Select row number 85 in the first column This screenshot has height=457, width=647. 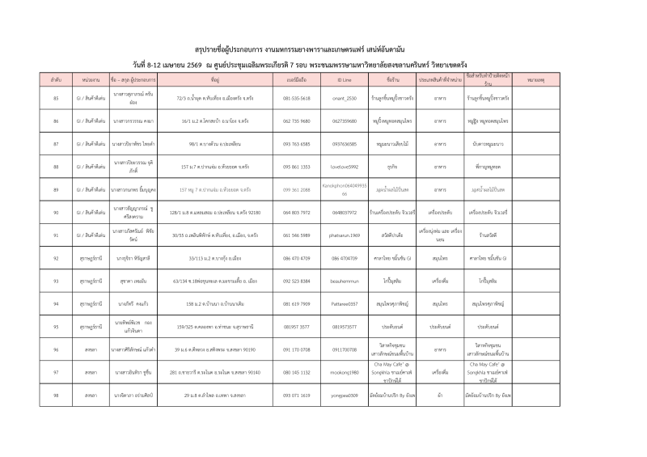coord(56,98)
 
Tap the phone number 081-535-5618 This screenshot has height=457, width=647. coord(297,98)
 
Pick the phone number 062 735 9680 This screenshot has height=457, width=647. coord(297,121)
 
